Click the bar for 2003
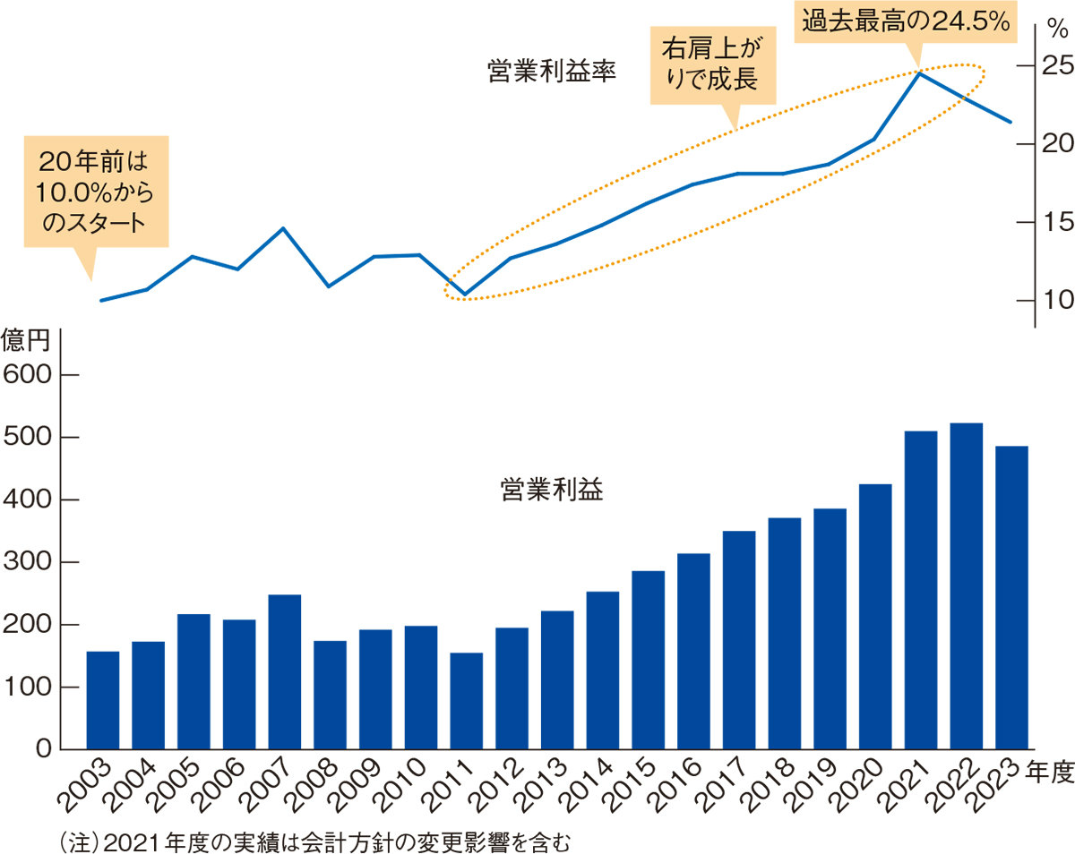(x=102, y=700)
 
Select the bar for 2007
(x=284, y=671)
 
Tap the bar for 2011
(x=466, y=701)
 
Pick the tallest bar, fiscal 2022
(x=966, y=586)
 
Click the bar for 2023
(x=1011, y=597)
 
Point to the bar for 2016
(x=693, y=651)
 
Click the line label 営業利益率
(x=552, y=71)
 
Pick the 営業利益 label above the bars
(x=551, y=490)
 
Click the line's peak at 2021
(x=919, y=73)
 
